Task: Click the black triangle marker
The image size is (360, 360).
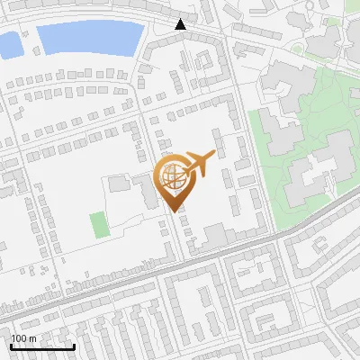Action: click(x=181, y=25)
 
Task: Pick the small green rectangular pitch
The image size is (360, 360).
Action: click(x=98, y=224)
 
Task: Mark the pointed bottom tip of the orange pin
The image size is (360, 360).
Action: click(x=174, y=211)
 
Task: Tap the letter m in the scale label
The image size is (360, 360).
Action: click(x=32, y=338)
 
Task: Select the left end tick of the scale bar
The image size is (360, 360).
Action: click(x=12, y=345)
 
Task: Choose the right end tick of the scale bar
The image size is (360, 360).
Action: click(x=73, y=345)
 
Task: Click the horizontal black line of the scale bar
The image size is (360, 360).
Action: click(x=42, y=346)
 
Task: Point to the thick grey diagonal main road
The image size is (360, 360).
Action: click(x=180, y=269)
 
